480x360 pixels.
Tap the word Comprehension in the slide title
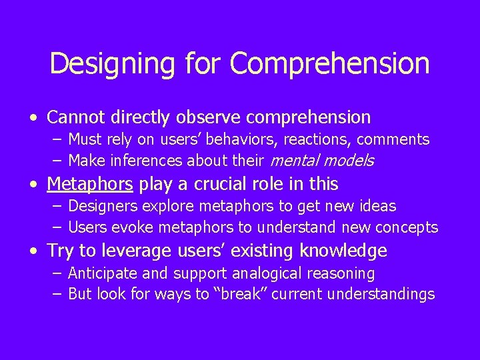[x=330, y=64]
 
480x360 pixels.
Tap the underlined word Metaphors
[x=90, y=184]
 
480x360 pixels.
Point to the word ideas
[x=377, y=206]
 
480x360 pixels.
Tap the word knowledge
[x=343, y=251]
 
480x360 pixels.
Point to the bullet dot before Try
[x=33, y=252]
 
